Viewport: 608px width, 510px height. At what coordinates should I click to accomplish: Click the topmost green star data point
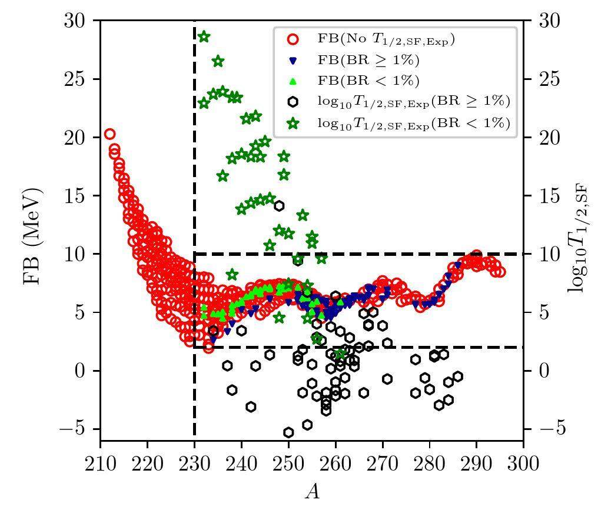204,36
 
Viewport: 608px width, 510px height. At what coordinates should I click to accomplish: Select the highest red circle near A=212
109,134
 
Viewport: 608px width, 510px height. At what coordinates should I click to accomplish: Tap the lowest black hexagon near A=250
288,432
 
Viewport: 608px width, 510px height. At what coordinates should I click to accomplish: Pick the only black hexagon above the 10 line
279,205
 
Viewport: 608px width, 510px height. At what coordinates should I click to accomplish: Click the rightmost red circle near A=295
500,272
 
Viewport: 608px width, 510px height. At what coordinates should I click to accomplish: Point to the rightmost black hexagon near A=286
457,376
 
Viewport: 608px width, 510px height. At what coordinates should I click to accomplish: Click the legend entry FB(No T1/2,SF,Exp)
386,39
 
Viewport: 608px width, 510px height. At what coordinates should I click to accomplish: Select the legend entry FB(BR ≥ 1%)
368,60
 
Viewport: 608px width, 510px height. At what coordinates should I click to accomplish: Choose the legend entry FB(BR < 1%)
368,81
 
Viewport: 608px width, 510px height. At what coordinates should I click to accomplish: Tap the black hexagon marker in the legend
293,101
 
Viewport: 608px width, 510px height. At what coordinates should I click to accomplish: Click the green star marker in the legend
293,123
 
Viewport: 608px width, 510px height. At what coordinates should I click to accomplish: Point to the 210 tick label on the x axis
101,464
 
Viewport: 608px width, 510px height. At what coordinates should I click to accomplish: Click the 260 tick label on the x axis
335,464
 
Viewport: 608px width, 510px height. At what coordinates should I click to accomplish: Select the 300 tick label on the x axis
523,464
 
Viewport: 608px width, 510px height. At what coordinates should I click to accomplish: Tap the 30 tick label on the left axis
76,21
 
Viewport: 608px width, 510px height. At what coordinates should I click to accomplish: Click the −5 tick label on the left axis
72,429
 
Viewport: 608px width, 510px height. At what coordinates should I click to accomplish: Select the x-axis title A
312,491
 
